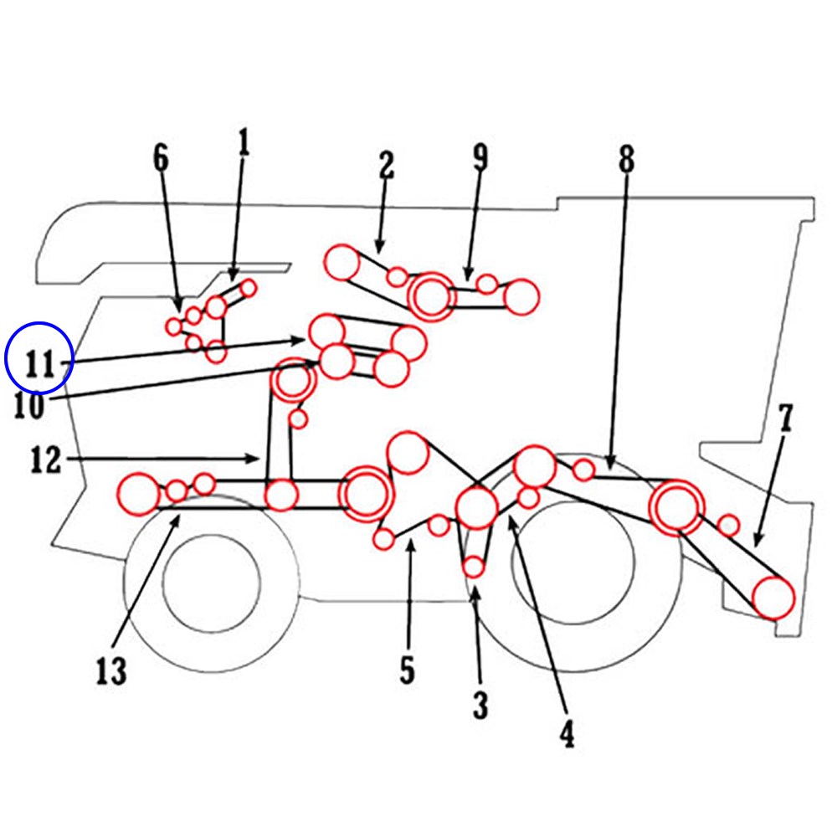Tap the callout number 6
161,157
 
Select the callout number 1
244,143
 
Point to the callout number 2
385,166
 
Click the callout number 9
480,157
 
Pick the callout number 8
626,158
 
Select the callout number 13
110,670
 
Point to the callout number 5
407,670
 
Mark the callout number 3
480,706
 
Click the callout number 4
567,733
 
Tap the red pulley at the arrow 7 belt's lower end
773,598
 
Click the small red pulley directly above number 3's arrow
474,567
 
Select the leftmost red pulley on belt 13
139,494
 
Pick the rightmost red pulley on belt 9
522,297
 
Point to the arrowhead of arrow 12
257,458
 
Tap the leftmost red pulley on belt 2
342,263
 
